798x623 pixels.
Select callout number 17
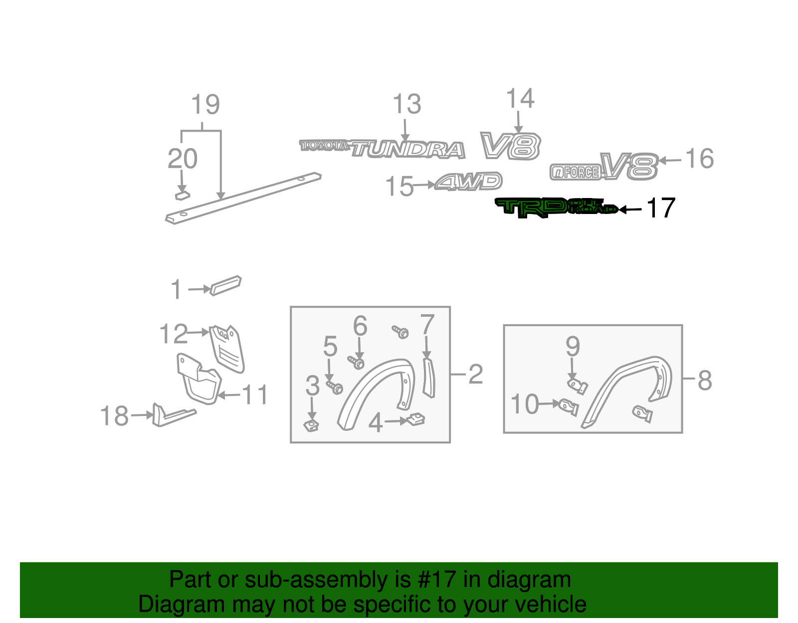click(x=661, y=208)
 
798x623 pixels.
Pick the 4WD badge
click(x=469, y=182)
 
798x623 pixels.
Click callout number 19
click(x=205, y=105)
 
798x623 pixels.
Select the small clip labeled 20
click(x=183, y=195)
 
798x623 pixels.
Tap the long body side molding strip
click(x=244, y=198)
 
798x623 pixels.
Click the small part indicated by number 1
click(x=225, y=285)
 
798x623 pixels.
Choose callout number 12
click(x=173, y=334)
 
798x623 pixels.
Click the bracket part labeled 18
click(x=172, y=415)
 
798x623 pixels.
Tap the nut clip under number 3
click(x=312, y=425)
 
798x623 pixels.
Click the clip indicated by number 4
click(x=415, y=419)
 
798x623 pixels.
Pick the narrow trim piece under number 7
click(x=428, y=378)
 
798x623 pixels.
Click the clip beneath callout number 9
click(x=578, y=386)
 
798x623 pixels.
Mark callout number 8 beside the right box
click(x=704, y=381)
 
